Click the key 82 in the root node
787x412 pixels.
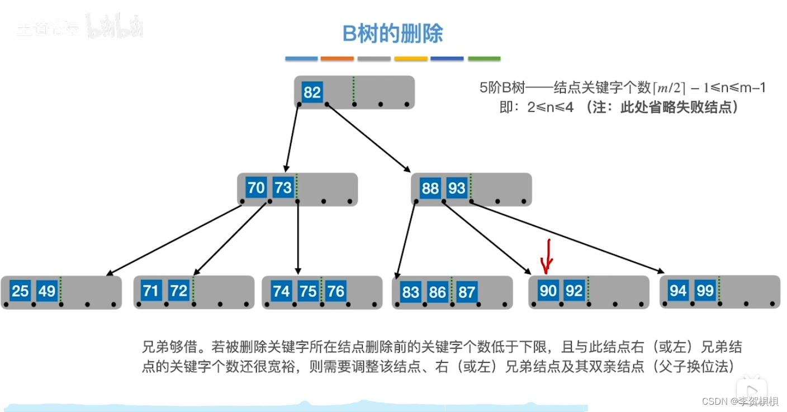pos(312,92)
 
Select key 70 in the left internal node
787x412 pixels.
pos(256,188)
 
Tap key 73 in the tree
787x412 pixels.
pos(283,188)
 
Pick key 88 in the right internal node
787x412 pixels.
pos(430,188)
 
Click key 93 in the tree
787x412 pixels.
pos(457,188)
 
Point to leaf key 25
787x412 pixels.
pos(20,291)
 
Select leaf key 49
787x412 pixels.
pos(47,291)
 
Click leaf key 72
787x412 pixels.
pos(179,291)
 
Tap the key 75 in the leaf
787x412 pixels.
pos(308,291)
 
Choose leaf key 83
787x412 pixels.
pos(411,292)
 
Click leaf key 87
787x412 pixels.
pos(466,292)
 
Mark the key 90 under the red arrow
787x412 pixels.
pos(548,291)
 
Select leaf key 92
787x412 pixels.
pos(574,291)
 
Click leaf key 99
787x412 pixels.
pos(705,291)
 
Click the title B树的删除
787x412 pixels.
pos(393,34)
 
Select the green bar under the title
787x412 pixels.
pos(484,59)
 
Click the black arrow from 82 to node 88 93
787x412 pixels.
pos(369,138)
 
